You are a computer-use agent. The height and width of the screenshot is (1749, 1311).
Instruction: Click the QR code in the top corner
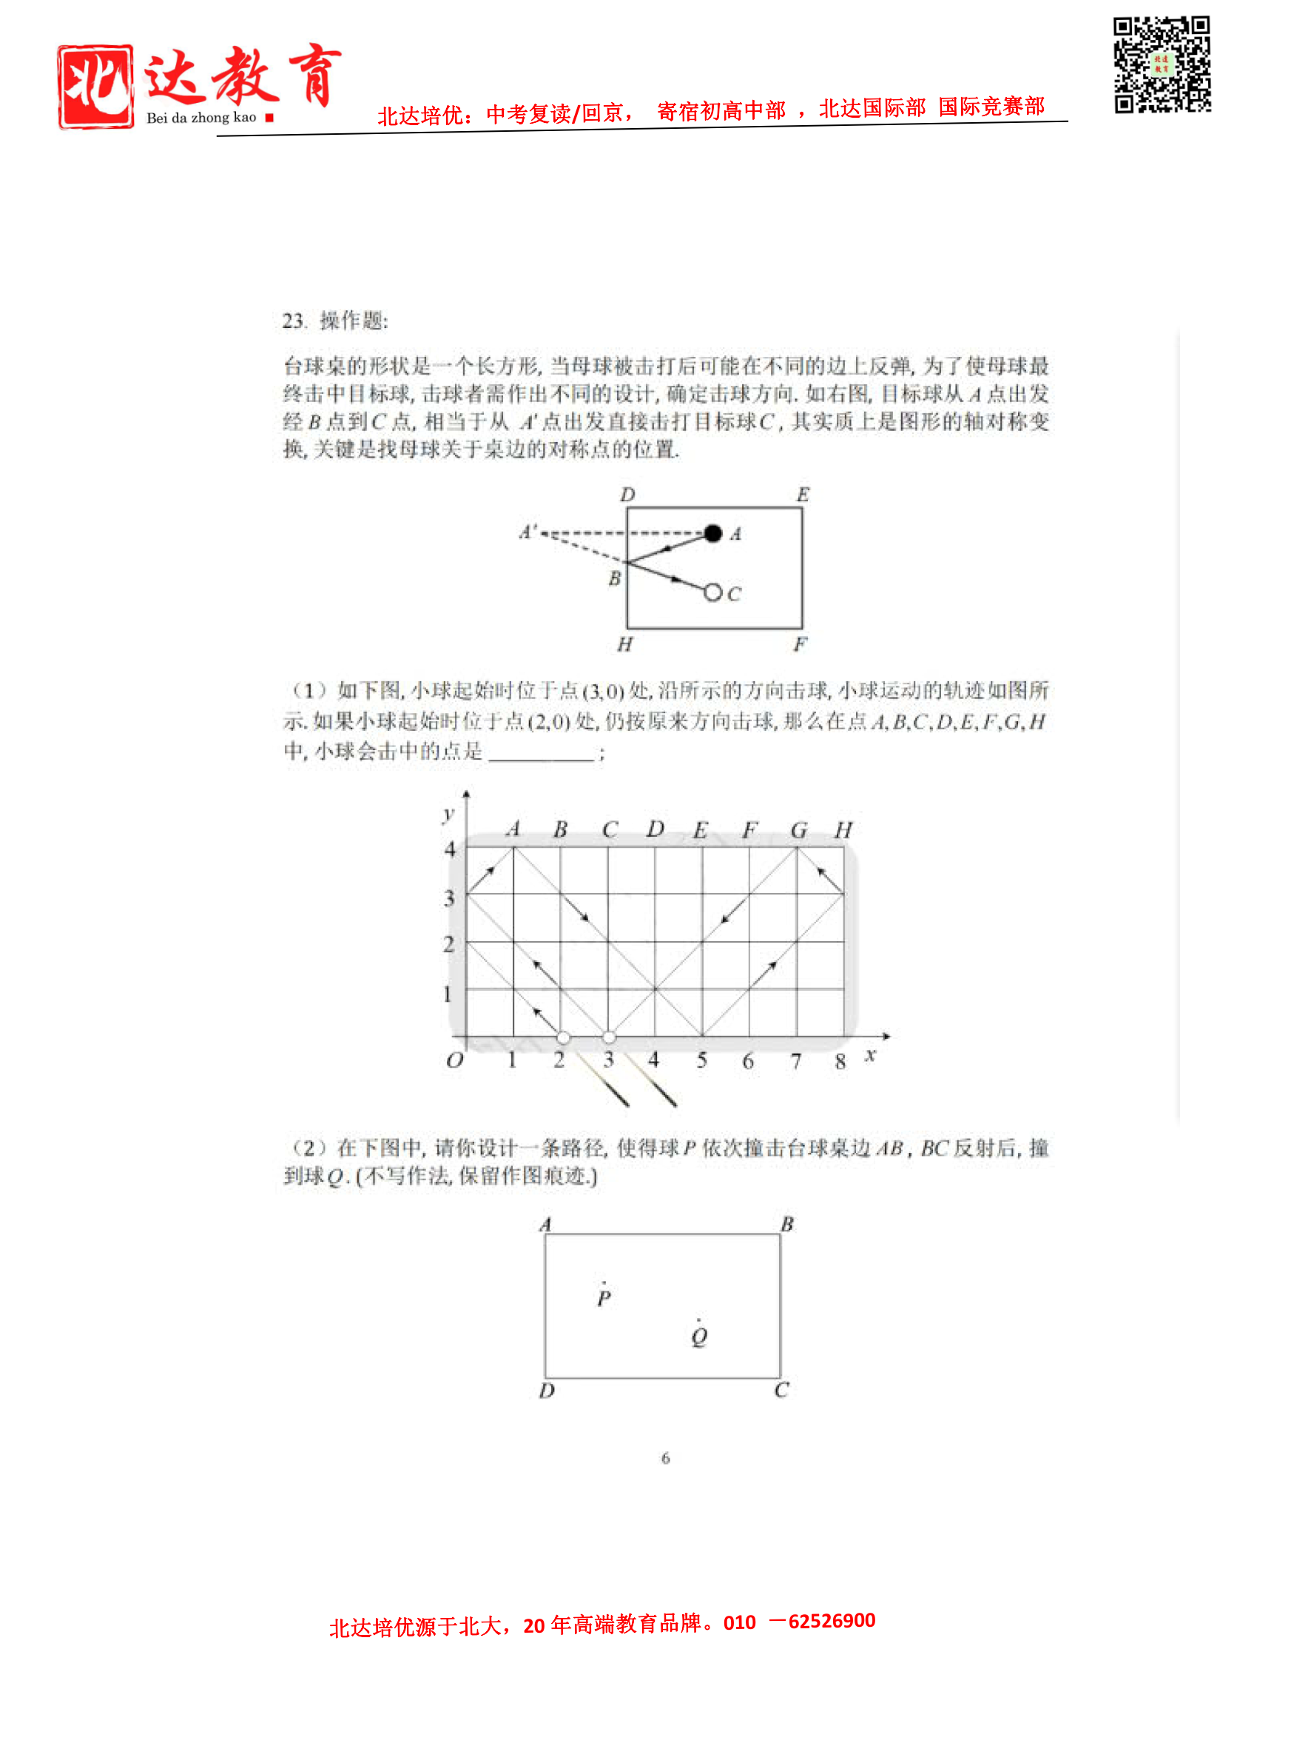click(x=1161, y=65)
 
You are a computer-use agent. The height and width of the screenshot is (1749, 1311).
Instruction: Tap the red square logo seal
click(x=95, y=86)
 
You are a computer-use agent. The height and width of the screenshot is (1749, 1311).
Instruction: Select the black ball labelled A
click(x=712, y=534)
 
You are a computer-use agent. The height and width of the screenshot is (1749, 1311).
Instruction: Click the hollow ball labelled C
click(x=712, y=592)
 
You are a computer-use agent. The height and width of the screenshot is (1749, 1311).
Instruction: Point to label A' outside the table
click(x=528, y=532)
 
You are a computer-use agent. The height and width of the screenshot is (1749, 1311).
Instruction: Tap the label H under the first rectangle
click(x=624, y=645)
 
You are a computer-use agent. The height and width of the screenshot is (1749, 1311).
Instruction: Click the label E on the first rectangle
click(x=803, y=495)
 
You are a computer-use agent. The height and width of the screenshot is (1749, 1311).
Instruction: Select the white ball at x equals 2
click(x=562, y=1037)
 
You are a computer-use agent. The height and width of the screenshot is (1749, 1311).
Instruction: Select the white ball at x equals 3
click(x=608, y=1037)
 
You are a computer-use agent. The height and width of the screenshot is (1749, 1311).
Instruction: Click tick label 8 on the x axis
click(x=840, y=1061)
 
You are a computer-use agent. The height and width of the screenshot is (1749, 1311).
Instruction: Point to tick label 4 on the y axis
click(x=450, y=849)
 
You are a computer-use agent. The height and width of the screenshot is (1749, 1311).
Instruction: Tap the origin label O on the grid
click(x=454, y=1060)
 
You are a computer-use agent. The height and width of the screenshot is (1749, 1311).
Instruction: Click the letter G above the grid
click(x=798, y=829)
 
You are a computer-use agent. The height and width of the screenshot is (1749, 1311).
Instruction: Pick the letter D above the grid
click(x=654, y=829)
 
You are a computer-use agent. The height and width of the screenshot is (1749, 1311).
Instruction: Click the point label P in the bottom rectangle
click(x=604, y=1298)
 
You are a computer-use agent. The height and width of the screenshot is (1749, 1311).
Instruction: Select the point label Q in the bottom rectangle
click(x=698, y=1337)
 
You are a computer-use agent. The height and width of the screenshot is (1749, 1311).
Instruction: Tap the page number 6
click(x=665, y=1458)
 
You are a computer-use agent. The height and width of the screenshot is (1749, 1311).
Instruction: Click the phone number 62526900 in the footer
click(x=832, y=1620)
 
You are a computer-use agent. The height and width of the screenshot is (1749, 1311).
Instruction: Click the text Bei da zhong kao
click(x=200, y=118)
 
